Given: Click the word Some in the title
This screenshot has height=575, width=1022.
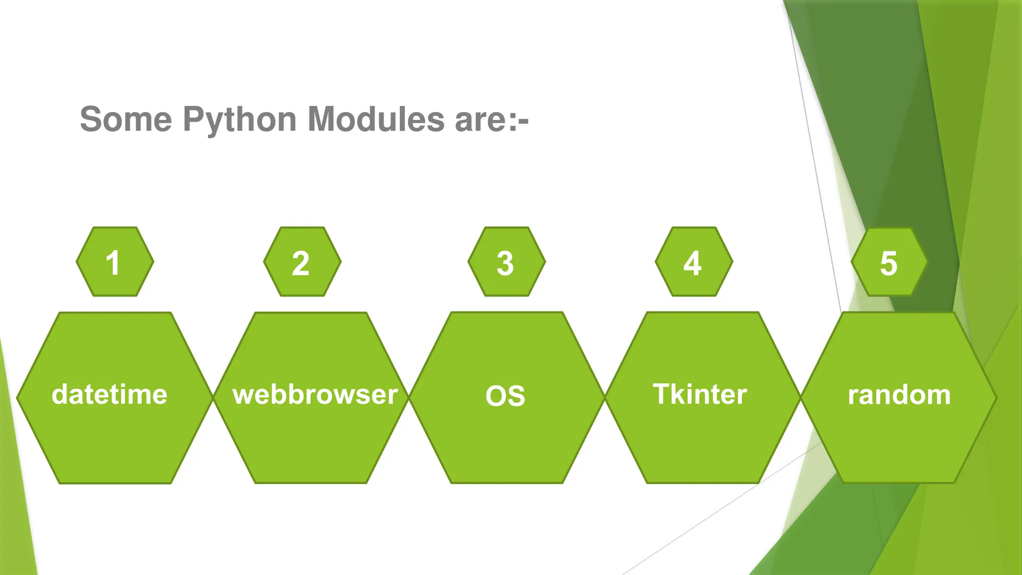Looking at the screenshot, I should point(126,119).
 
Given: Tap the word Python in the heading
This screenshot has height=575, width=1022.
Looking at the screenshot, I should point(240,120).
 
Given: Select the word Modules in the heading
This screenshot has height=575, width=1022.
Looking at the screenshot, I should point(376,119).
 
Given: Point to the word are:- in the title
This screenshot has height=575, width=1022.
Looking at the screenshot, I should point(492,120).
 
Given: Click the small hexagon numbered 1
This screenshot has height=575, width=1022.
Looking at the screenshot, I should point(115,262).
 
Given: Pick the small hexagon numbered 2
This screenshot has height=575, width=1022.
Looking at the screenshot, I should point(302,262).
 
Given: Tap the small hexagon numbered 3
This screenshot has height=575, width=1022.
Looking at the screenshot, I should point(507,262).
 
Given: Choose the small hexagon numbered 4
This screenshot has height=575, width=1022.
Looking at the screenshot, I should point(694,262).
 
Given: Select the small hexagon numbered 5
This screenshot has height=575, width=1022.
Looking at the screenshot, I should point(889,262).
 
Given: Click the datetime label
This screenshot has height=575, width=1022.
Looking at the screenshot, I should point(109,394).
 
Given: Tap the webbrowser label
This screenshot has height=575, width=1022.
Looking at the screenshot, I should point(315,394).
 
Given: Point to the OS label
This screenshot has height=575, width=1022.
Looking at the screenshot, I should point(505,396).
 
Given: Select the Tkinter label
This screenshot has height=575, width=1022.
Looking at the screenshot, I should point(700,394).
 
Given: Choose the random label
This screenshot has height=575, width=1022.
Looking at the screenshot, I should point(899,395).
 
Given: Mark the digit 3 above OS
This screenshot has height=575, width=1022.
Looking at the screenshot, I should point(505,263).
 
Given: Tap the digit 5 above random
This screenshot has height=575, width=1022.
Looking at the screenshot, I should point(889,263).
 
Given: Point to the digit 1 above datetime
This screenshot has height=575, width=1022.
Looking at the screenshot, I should point(113,263).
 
